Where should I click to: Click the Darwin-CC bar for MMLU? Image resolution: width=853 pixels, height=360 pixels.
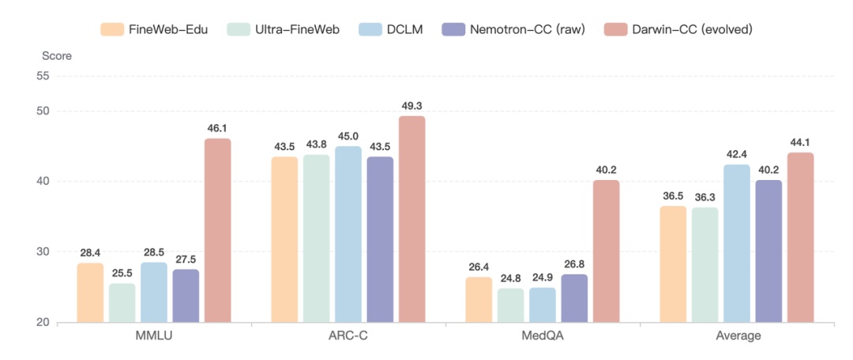[x=217, y=231]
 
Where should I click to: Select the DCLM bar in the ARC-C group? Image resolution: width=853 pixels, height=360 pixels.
[x=348, y=234]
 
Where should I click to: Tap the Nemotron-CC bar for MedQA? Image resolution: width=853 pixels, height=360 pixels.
[x=574, y=298]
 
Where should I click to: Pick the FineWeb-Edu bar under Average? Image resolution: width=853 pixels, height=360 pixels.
[x=673, y=264]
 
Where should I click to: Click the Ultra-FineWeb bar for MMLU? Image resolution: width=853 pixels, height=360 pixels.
[x=122, y=303]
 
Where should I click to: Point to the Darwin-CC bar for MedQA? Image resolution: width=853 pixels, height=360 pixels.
[x=606, y=251]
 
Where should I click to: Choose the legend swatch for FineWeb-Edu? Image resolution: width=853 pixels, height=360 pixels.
[x=112, y=29]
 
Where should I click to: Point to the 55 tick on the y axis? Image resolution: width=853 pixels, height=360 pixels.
[x=41, y=76]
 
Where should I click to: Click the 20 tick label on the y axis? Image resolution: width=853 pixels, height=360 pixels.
[x=41, y=322]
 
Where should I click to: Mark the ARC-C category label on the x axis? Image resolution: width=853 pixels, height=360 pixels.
[x=348, y=336]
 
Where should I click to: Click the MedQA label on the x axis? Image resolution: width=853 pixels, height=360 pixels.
[x=543, y=336]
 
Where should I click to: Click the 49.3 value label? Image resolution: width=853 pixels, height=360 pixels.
[x=411, y=105]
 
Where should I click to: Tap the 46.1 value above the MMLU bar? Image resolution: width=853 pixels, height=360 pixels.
[x=217, y=127]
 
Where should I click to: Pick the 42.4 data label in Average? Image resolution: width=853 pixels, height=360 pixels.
[x=736, y=153]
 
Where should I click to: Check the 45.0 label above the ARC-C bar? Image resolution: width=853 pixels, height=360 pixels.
[x=348, y=135]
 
